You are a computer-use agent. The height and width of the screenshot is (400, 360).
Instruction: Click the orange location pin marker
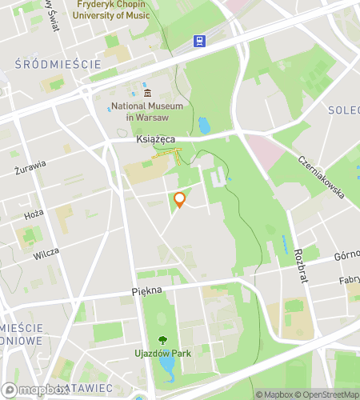pos(180,200)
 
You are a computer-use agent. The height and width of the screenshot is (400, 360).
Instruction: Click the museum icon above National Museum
pos(147,94)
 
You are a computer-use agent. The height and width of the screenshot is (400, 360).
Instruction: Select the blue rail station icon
pos(198,41)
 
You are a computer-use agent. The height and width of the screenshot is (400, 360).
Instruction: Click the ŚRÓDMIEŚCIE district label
pos(58,63)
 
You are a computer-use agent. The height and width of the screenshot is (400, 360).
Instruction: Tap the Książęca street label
pos(156,139)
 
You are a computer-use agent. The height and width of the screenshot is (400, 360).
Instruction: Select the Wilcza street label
pos(46,256)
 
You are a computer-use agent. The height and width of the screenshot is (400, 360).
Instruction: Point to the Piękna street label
pos(147,292)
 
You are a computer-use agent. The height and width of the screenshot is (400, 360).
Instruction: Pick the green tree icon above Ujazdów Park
pos(163,339)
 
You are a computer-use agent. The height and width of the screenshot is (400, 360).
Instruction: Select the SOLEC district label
pos(343,110)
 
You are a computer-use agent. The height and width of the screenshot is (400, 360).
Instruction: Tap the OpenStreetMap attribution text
pos(329,394)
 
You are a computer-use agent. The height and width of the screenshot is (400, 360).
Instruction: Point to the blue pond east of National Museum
pos(204,126)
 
